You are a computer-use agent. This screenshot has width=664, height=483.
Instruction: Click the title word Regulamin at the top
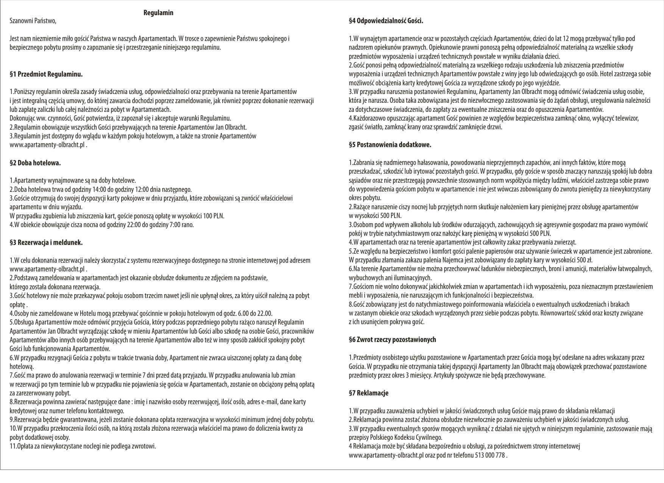tap(158, 13)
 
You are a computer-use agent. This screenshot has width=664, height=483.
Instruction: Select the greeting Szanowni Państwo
tap(33, 21)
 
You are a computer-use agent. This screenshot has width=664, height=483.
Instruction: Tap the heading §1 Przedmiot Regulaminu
tap(46, 74)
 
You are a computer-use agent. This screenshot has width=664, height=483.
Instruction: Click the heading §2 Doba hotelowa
tap(35, 163)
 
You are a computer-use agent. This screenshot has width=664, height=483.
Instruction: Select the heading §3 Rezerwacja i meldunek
tap(46, 242)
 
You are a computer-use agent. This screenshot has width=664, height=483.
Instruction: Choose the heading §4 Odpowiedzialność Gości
tap(386, 21)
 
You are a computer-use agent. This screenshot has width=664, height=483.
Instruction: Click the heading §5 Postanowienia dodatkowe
tap(390, 144)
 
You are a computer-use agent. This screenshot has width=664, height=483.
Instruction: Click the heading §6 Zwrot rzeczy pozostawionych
tap(393, 340)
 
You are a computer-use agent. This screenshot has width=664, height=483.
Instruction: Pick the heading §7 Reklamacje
tap(369, 393)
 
